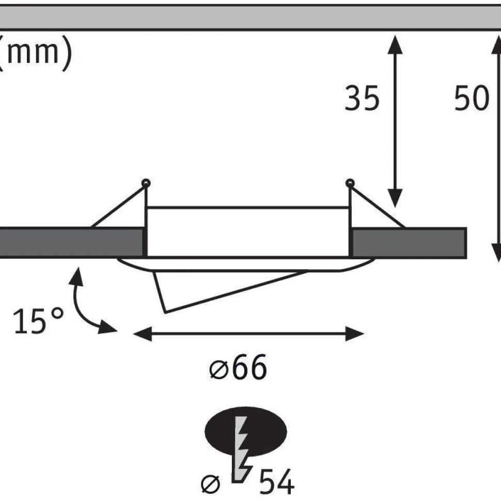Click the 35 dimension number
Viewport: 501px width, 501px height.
pyautogui.click(x=362, y=98)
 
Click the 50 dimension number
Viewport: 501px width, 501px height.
pyautogui.click(x=472, y=98)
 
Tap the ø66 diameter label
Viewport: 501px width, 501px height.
pyautogui.click(x=238, y=367)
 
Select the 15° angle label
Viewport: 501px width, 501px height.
pyautogui.click(x=38, y=321)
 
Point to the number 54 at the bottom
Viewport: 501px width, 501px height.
pyautogui.click(x=277, y=482)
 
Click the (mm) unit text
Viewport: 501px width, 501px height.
pyautogui.click(x=35, y=53)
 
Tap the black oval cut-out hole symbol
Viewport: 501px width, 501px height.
pyautogui.click(x=246, y=432)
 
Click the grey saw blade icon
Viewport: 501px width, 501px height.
pyautogui.click(x=242, y=449)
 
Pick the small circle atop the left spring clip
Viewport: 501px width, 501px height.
pyautogui.click(x=146, y=183)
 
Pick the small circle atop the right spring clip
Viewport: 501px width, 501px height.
pyautogui.click(x=350, y=183)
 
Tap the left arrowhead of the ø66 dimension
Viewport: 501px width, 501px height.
pyautogui.click(x=143, y=334)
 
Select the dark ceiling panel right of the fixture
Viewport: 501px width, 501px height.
pyautogui.click(x=409, y=243)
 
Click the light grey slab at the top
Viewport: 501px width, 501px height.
pyautogui.click(x=251, y=18)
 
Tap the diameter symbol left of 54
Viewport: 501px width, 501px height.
pyautogui.click(x=211, y=484)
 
